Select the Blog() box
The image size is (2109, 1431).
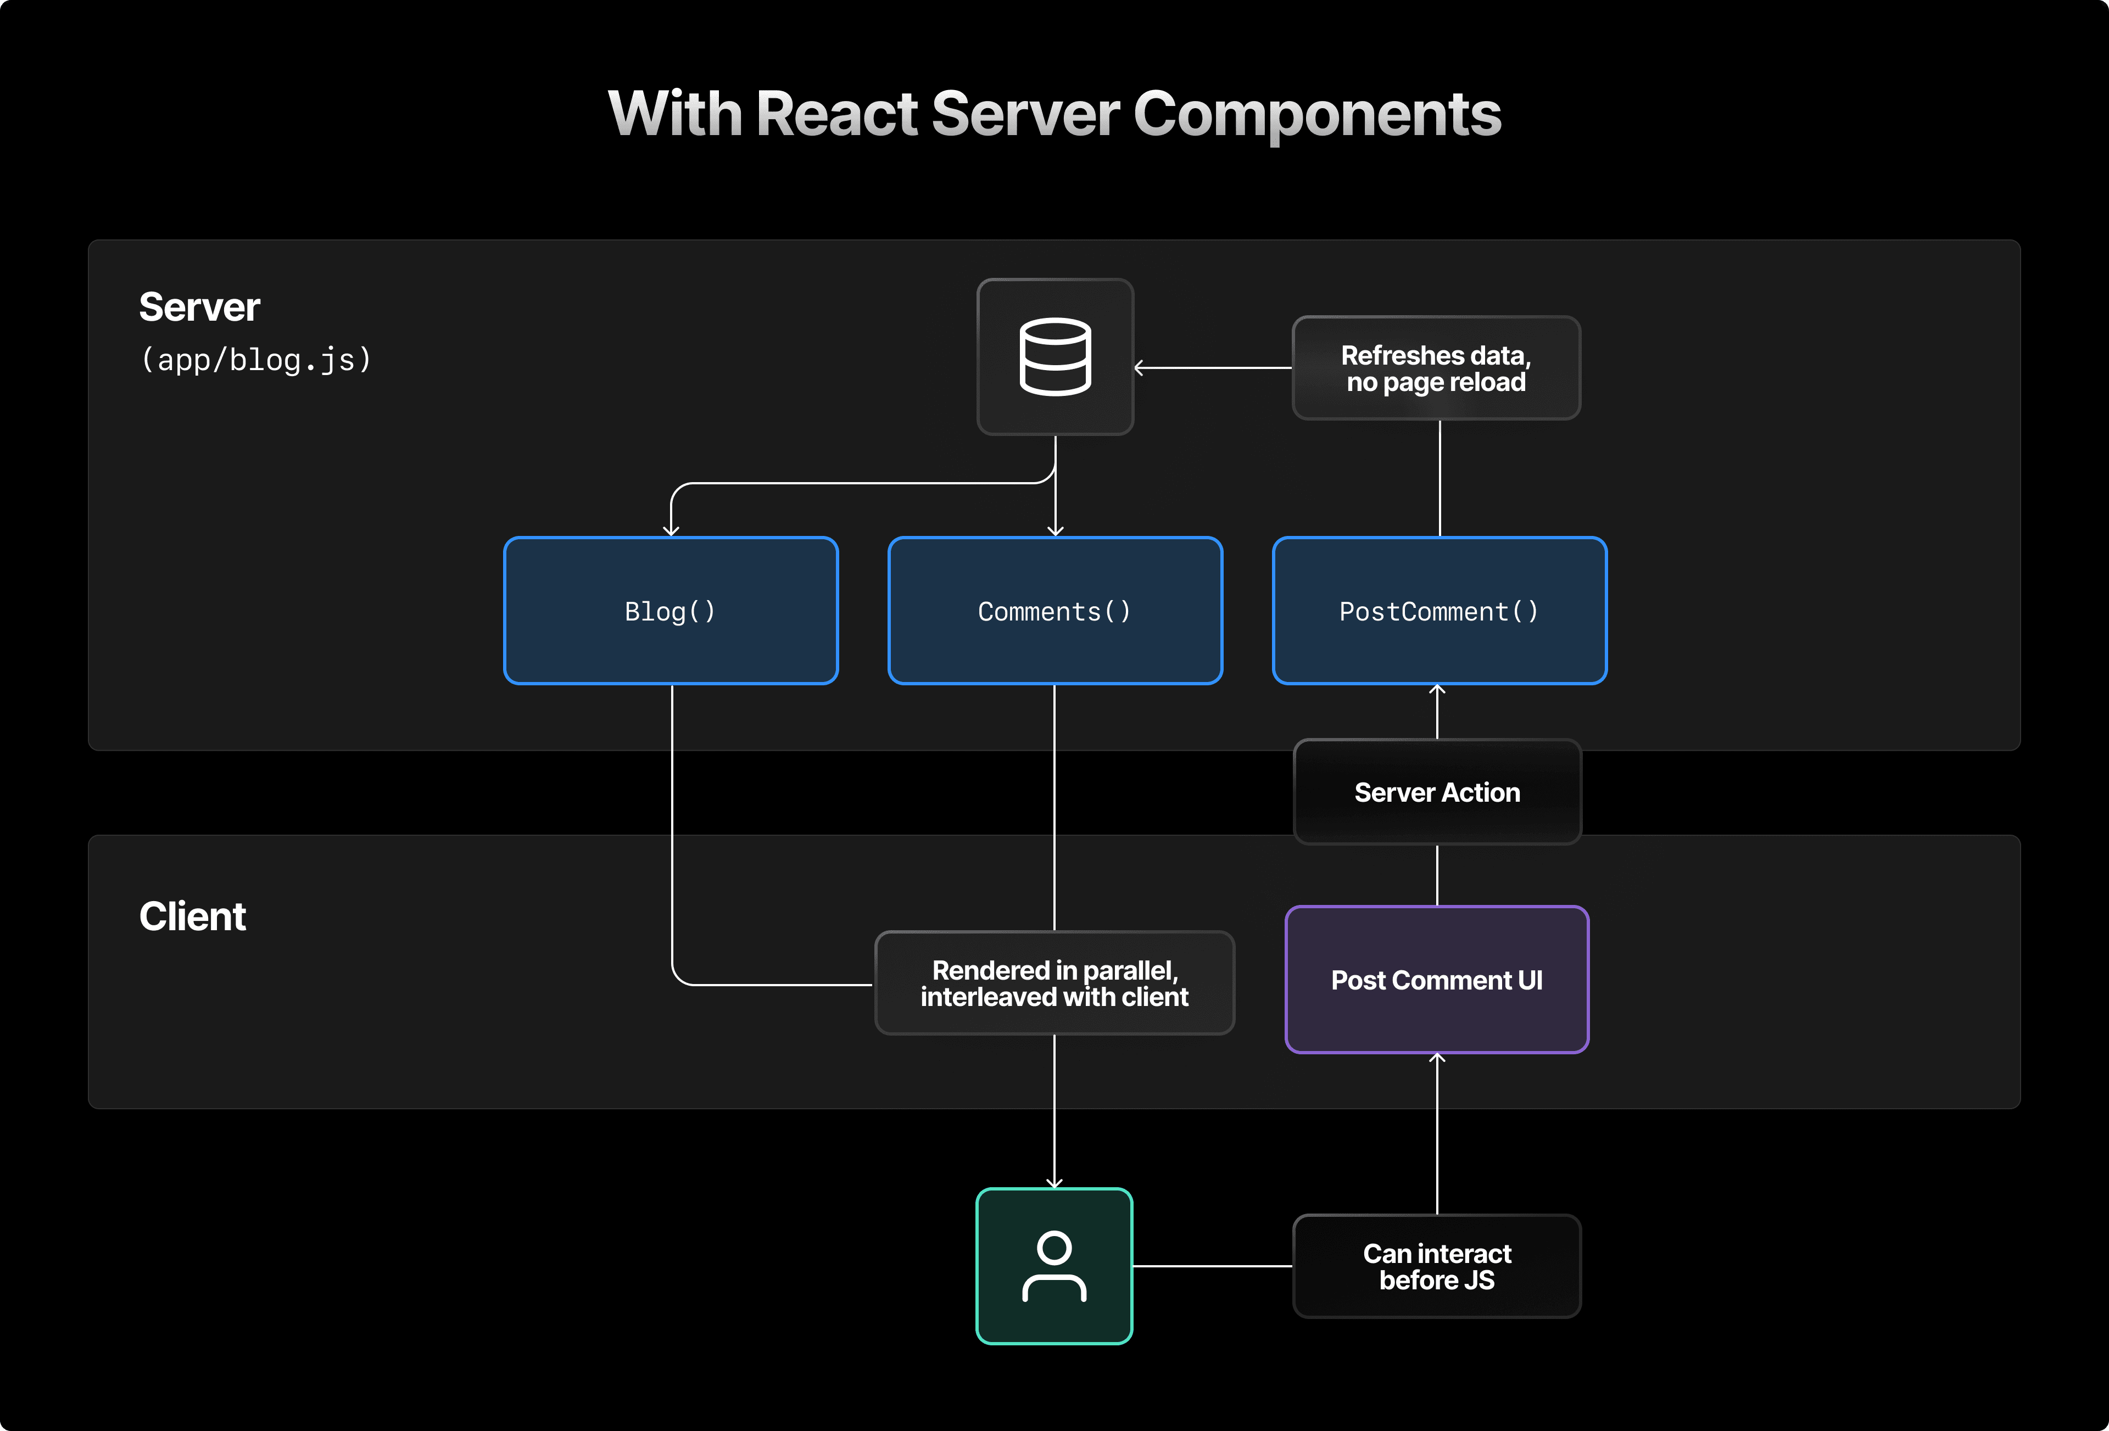coord(671,611)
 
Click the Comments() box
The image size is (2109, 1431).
coord(1054,611)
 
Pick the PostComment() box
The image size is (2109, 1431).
coord(1440,611)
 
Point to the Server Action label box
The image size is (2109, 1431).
coord(1437,792)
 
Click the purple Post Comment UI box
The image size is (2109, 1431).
coord(1437,980)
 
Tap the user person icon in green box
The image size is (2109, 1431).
coord(1053,1266)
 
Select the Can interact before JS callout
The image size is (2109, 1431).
coord(1437,1266)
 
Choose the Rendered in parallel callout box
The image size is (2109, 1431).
coord(1054,983)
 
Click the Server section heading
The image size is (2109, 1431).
coord(200,307)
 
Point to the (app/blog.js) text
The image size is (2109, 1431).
coord(256,360)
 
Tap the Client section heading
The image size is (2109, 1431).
coord(192,916)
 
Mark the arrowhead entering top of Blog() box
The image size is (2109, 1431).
coord(672,531)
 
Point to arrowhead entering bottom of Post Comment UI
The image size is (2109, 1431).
coord(1437,1058)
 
